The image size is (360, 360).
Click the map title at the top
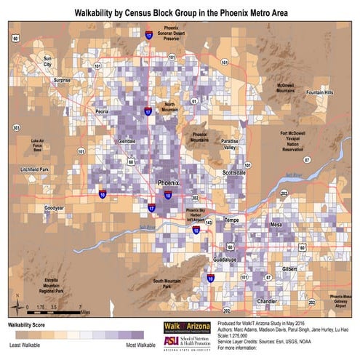tap(180, 13)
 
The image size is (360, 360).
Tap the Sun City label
tap(49, 61)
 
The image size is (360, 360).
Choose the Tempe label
tap(231, 219)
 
